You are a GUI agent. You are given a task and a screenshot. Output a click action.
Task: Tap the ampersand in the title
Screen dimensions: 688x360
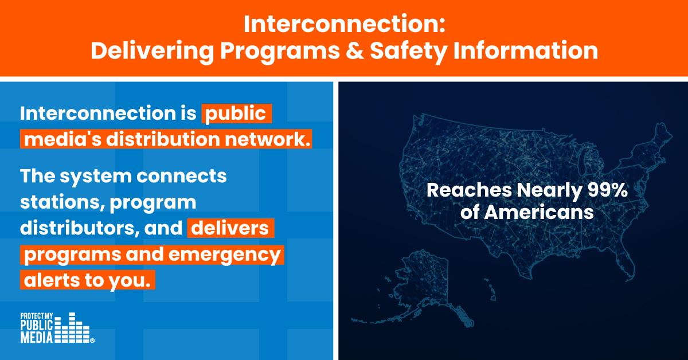tap(354, 50)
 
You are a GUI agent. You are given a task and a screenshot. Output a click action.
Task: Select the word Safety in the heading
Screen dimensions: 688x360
tap(408, 52)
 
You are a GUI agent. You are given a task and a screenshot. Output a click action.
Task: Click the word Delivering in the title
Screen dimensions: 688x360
tap(152, 52)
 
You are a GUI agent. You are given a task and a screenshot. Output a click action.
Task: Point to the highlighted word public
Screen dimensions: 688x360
tap(235, 114)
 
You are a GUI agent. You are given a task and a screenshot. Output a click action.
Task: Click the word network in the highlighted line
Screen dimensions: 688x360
tap(268, 139)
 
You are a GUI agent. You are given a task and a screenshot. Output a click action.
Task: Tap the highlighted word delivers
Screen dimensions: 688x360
tap(230, 228)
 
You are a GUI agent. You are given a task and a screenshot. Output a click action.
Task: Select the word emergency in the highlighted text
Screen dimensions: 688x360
tap(225, 256)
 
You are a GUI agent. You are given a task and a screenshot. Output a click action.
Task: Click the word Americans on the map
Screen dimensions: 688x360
tap(539, 212)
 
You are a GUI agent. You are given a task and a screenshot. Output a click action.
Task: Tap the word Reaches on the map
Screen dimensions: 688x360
tap(469, 190)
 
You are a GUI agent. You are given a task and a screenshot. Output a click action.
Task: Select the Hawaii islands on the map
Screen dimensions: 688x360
tap(490, 289)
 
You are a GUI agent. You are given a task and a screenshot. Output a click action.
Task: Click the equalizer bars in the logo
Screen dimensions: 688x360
tap(72, 328)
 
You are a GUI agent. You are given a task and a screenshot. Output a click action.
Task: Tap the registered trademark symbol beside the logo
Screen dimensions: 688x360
tap(92, 341)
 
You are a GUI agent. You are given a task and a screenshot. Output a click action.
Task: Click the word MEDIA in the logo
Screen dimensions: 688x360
tap(37, 337)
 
